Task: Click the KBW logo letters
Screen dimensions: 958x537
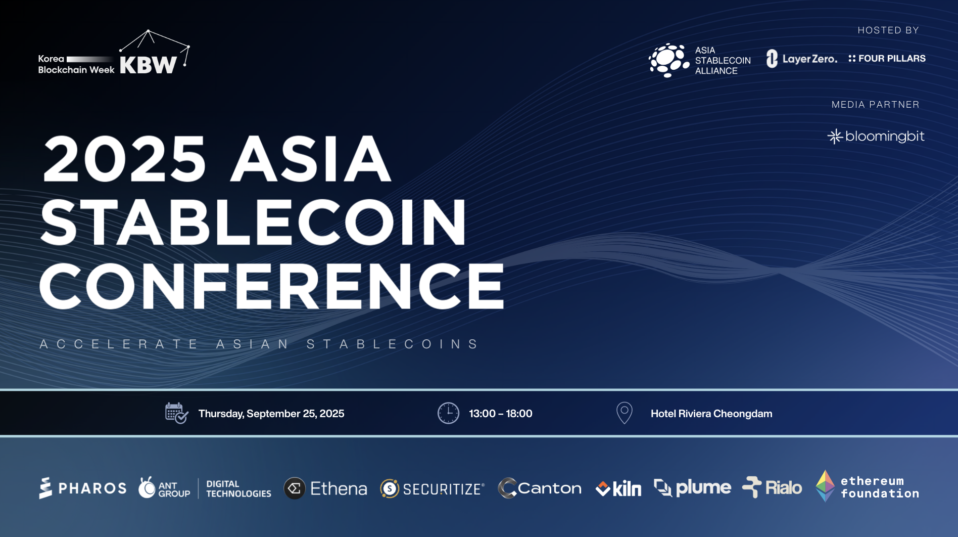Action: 148,65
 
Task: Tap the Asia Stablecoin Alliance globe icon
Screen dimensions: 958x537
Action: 669,60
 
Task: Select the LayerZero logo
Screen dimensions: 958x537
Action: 801,59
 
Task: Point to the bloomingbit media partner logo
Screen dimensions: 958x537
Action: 876,137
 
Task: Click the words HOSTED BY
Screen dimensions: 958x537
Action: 888,30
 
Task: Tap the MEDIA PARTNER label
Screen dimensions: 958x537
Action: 876,105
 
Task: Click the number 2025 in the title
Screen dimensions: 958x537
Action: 125,159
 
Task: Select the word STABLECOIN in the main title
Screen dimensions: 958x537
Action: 253,222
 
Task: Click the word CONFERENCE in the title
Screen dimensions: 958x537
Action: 272,286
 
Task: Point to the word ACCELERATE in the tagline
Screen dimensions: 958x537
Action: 119,344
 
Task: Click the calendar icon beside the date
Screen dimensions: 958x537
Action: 176,413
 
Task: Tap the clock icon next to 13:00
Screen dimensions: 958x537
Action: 448,413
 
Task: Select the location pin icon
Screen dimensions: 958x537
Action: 625,413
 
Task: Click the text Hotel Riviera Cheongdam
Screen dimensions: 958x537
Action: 711,414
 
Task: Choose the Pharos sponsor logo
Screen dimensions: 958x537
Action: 83,488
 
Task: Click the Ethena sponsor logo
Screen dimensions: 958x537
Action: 325,488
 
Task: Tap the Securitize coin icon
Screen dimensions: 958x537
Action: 390,489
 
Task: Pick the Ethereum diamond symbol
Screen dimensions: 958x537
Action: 825,486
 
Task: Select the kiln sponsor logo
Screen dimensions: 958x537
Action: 618,488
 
